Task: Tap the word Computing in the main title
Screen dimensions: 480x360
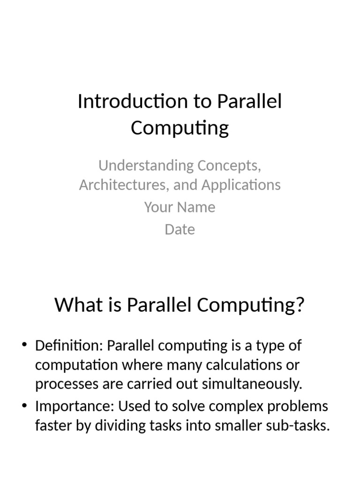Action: click(x=180, y=128)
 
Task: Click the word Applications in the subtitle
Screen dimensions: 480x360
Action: click(x=241, y=185)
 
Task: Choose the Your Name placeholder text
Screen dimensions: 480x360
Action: click(x=180, y=207)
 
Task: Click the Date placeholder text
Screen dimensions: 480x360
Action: click(x=180, y=230)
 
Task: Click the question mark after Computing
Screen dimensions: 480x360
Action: click(x=300, y=305)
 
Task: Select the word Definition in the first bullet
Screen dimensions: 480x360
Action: click(x=69, y=346)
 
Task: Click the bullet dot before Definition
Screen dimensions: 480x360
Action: click(x=25, y=346)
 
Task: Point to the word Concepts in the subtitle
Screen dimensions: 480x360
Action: click(x=229, y=165)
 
